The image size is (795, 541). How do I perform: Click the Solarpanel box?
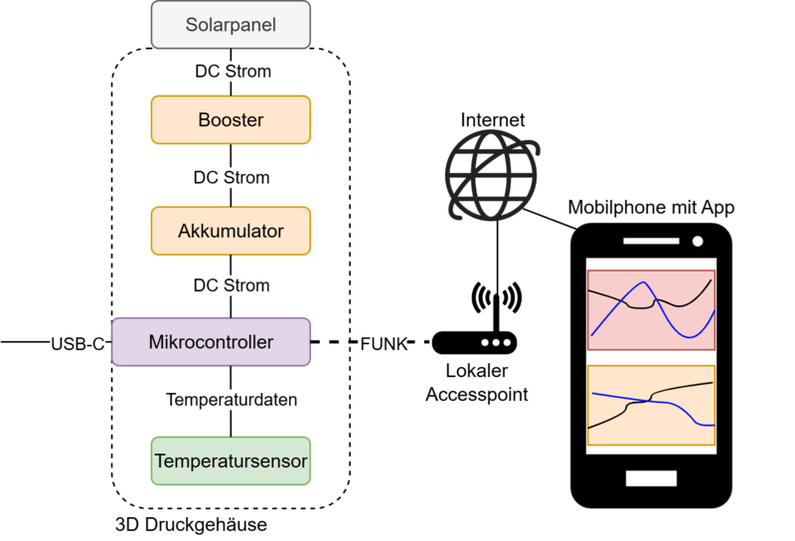click(x=231, y=24)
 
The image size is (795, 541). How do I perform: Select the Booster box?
click(x=231, y=119)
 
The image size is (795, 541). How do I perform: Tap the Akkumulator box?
click(x=231, y=231)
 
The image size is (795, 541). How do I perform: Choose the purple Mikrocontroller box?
click(x=211, y=342)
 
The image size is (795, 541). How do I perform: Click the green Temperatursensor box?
click(x=231, y=460)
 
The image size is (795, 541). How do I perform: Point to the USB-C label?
click(x=78, y=343)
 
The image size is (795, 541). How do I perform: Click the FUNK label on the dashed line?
click(x=383, y=343)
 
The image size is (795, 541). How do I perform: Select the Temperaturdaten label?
click(x=231, y=400)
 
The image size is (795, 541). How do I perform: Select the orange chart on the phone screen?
click(x=651, y=406)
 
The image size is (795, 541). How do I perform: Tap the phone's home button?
click(x=651, y=478)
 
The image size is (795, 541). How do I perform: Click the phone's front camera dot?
click(x=699, y=242)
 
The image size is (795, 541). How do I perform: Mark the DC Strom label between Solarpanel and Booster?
click(x=231, y=72)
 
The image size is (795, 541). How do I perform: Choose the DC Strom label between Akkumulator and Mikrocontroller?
click(x=231, y=285)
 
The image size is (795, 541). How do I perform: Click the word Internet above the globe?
click(x=493, y=120)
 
